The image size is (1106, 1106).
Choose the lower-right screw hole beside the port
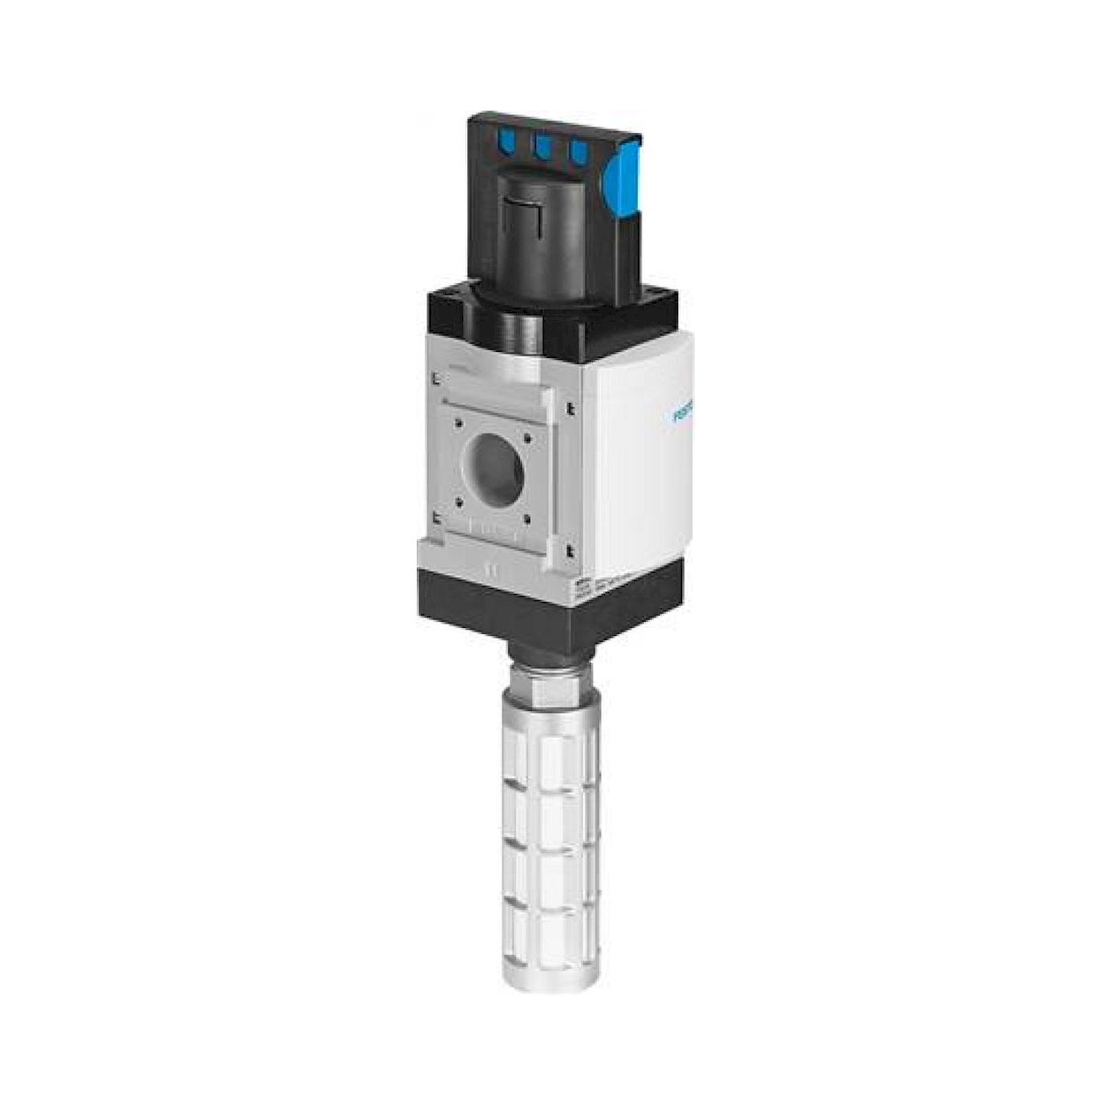pos(526,517)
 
